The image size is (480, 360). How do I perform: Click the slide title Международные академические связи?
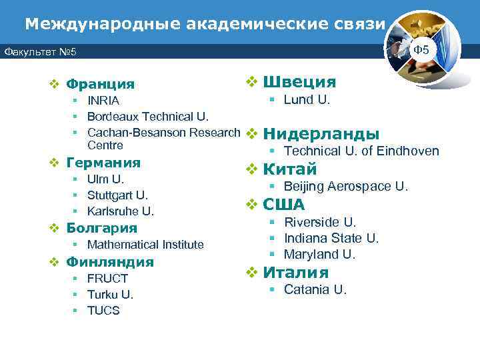[x=205, y=24]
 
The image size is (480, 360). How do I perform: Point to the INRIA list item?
[x=103, y=101]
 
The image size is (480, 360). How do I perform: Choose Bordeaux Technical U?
[x=147, y=117]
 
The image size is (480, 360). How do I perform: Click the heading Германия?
[x=104, y=163]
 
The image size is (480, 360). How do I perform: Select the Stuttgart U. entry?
[x=117, y=195]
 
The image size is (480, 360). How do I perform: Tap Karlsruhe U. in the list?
[x=120, y=211]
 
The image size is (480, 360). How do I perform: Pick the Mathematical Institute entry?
[x=145, y=245]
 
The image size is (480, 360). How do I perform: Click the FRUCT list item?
[x=107, y=278]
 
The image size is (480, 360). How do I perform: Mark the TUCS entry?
[x=103, y=311]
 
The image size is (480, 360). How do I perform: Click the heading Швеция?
[x=299, y=82]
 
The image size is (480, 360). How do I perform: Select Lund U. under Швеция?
[x=307, y=100]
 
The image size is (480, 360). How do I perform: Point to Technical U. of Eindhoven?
[x=361, y=151]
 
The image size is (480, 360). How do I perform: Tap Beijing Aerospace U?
[x=345, y=187]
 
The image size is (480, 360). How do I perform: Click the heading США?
[x=284, y=205]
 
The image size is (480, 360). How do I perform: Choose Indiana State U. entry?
[x=331, y=238]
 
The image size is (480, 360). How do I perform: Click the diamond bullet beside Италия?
[x=252, y=272]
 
